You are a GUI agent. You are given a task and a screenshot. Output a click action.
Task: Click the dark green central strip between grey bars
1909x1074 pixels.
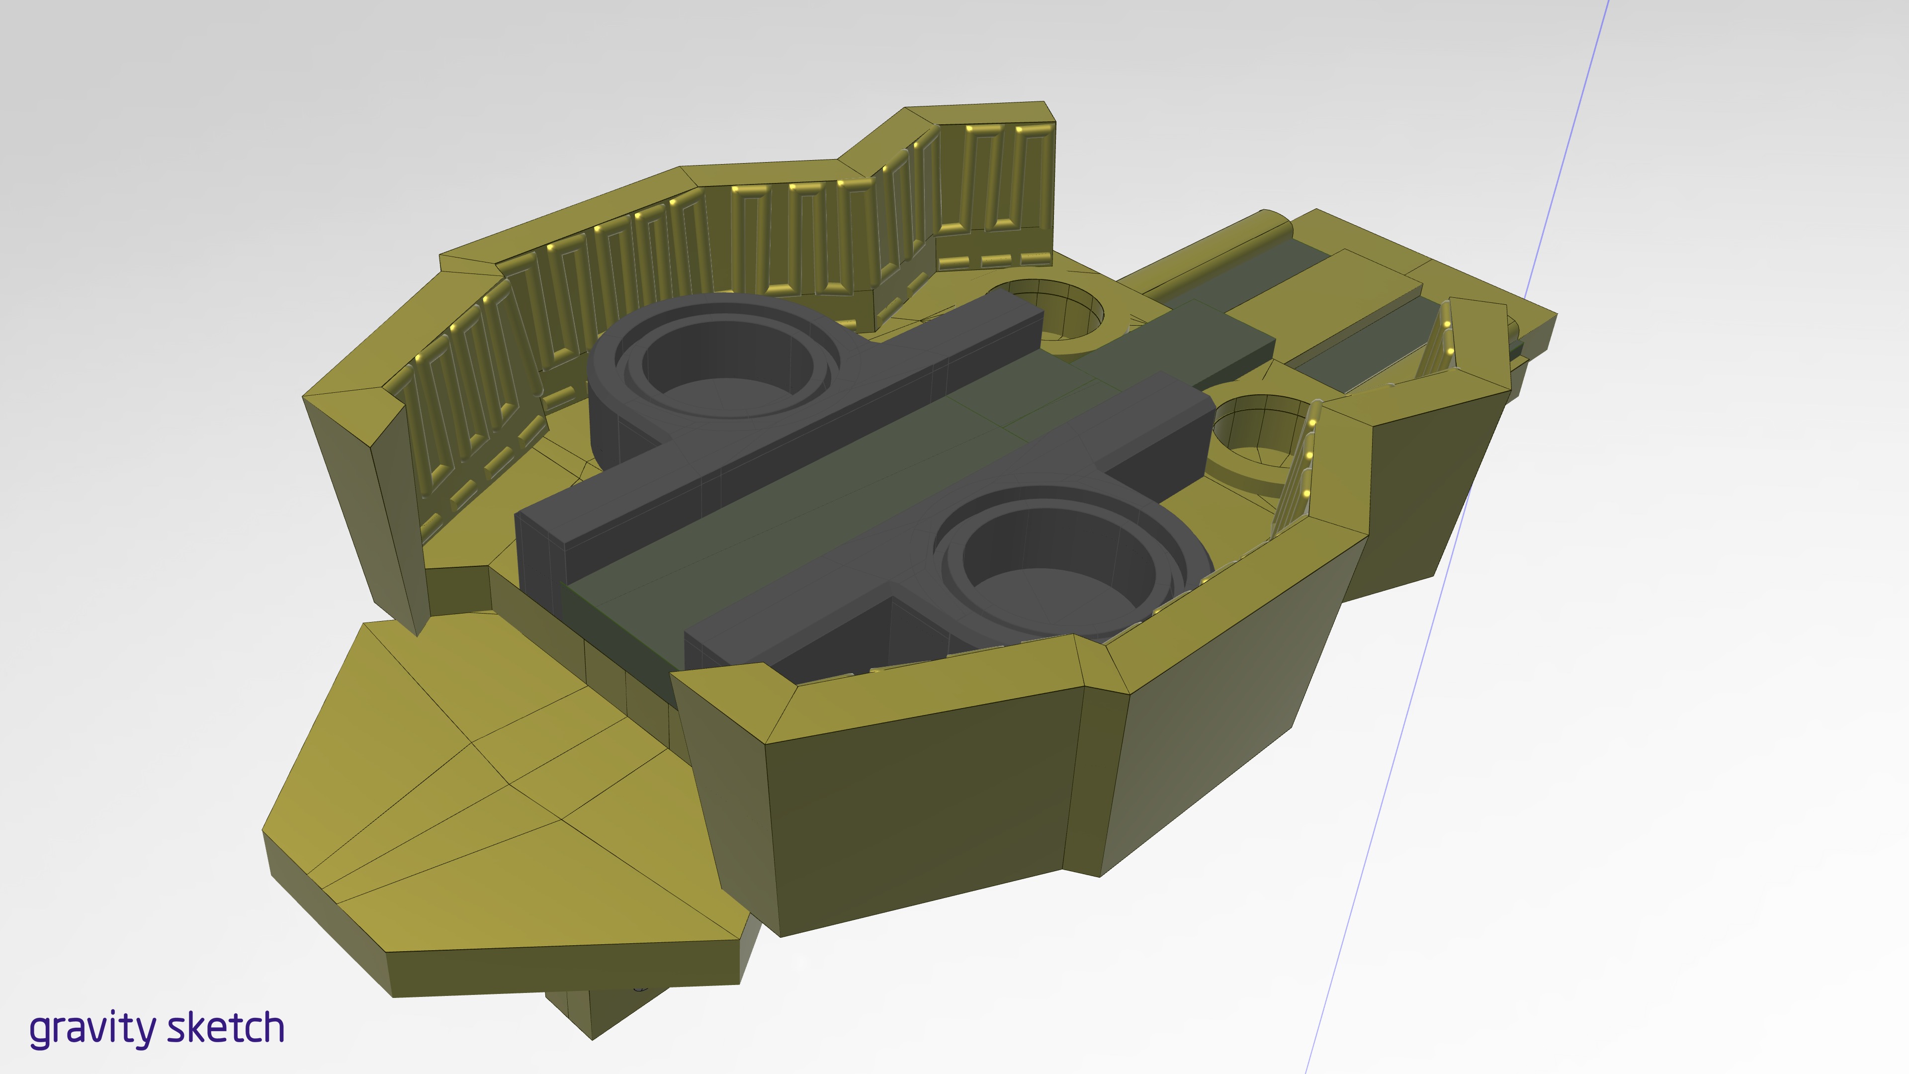tap(852, 474)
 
